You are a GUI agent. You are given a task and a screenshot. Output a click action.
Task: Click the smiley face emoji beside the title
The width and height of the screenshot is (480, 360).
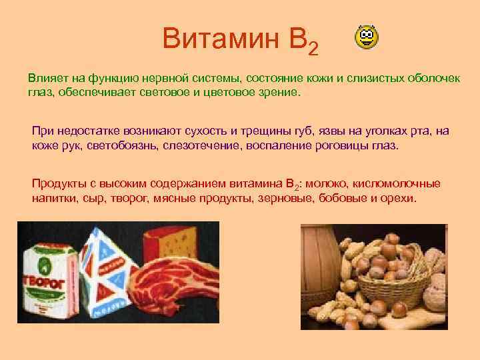[365, 39]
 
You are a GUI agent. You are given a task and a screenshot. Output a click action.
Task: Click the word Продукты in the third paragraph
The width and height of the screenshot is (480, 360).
[60, 183]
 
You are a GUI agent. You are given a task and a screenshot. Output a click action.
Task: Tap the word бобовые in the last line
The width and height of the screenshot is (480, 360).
[339, 199]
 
